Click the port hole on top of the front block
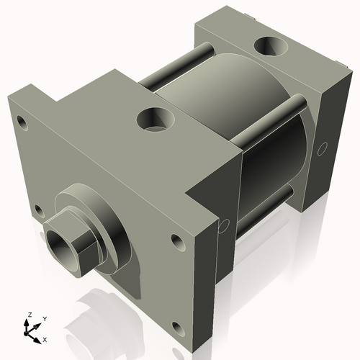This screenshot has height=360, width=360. point(153,118)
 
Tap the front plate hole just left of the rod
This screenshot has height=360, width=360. point(37,210)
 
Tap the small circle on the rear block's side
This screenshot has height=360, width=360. point(322,148)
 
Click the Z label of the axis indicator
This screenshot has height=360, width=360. point(29,315)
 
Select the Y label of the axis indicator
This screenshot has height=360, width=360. point(44,318)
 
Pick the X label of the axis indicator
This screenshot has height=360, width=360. point(45,338)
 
